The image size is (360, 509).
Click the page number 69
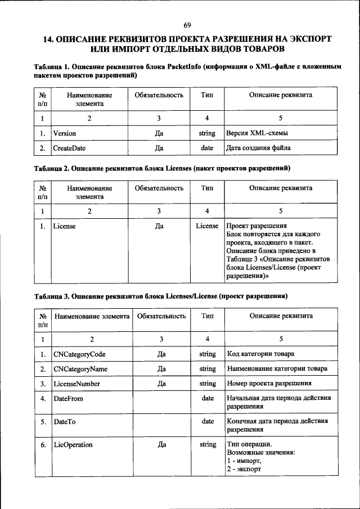(187, 25)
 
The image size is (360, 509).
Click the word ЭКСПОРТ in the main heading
(303, 39)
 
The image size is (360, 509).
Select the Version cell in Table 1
(65, 133)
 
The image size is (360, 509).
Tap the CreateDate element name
(69, 148)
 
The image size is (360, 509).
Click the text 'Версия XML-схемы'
(254, 133)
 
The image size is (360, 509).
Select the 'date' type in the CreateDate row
(207, 148)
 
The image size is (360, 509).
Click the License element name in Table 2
(64, 226)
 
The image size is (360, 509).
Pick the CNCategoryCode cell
(79, 354)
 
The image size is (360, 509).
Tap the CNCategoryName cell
(80, 369)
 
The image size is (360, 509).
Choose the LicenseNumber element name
(77, 384)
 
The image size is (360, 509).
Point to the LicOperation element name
(73, 444)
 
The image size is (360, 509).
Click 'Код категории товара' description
(260, 354)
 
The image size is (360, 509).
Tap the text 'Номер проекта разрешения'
(269, 384)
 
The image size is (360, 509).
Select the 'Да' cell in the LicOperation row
(161, 444)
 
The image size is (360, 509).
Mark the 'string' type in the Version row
(207, 133)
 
